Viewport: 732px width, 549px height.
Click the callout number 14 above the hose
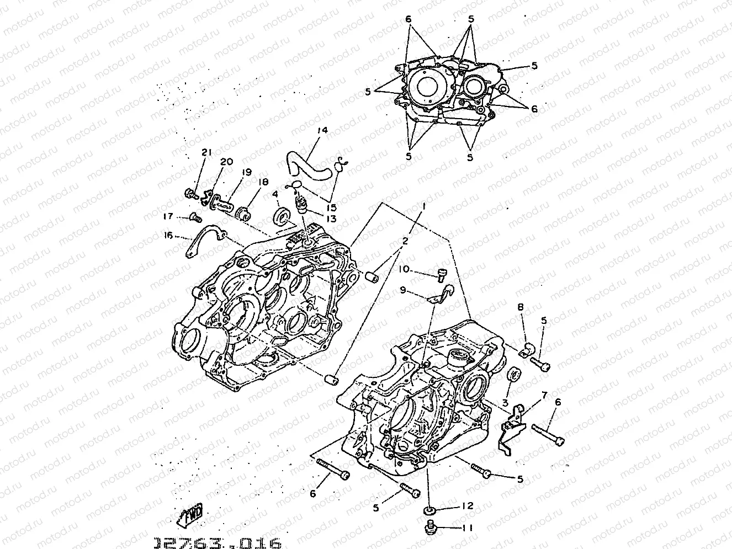[x=322, y=131]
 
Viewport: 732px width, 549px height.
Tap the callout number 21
[x=206, y=153]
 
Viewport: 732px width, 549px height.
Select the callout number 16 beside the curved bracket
[x=168, y=236]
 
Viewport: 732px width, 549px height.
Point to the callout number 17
[x=168, y=216]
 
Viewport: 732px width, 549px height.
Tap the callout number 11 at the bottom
[x=467, y=528]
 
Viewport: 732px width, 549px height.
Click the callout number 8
[x=520, y=307]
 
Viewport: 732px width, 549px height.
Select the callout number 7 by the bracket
[x=544, y=395]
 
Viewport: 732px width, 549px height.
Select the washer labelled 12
[x=429, y=508]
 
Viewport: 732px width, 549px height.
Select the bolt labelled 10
[x=442, y=273]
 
